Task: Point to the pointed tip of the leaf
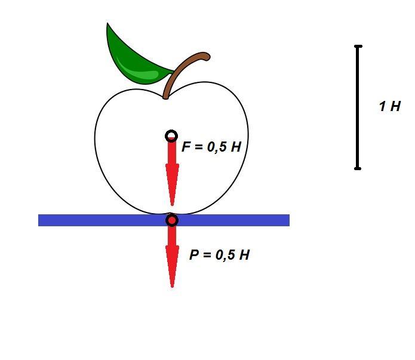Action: (107, 23)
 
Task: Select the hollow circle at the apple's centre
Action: (171, 136)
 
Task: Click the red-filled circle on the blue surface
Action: (172, 220)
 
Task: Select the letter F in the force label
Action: (186, 146)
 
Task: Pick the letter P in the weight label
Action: (194, 255)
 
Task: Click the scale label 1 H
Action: (390, 106)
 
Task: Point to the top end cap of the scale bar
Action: (358, 47)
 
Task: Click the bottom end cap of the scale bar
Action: (358, 168)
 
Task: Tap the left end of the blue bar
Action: (39, 220)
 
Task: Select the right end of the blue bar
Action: (289, 220)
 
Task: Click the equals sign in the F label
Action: (199, 147)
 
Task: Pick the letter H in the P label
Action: (244, 255)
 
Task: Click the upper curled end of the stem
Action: (206, 56)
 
